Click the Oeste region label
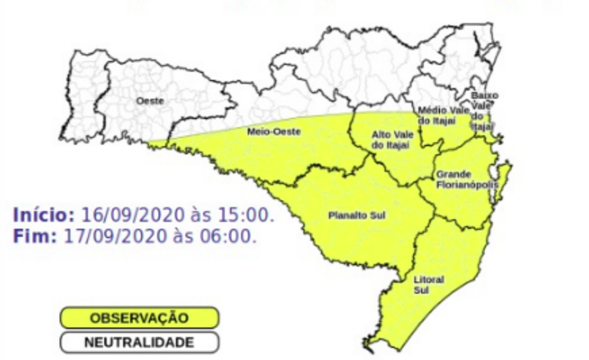tap(150, 101)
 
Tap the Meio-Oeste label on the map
tap(266, 132)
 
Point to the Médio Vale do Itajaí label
tap(437, 114)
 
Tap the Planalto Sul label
tap(357, 216)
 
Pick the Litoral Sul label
tap(429, 285)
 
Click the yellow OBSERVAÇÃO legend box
tap(139, 318)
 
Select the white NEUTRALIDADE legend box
tap(139, 343)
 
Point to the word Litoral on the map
tap(429, 279)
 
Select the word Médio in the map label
tap(430, 110)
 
